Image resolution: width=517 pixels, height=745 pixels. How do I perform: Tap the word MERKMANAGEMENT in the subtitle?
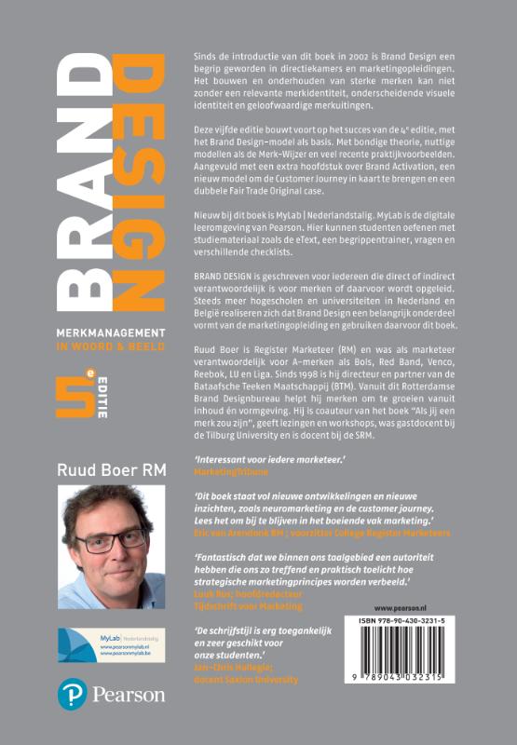111,332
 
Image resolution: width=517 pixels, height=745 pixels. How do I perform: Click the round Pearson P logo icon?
72,694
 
